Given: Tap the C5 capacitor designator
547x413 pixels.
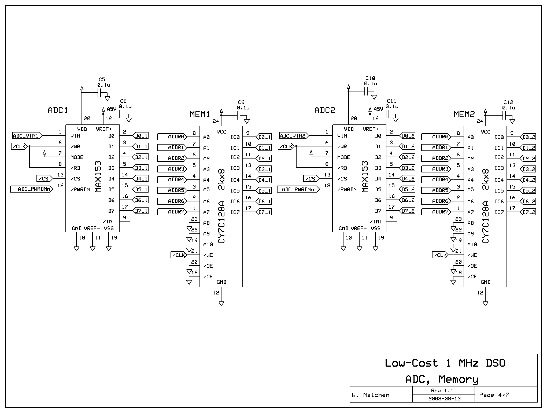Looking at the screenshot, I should point(102,79).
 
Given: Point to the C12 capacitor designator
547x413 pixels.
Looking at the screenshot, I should point(508,102).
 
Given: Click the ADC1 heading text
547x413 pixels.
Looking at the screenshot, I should point(58,110).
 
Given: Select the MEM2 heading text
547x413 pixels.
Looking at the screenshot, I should point(464,114).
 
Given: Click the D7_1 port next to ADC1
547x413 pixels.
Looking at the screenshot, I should point(141,211).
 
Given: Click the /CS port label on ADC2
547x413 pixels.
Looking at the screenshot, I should point(311,179).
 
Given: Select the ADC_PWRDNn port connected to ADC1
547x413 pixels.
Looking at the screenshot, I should point(32,189).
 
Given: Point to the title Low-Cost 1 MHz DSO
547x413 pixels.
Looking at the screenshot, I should point(445,363).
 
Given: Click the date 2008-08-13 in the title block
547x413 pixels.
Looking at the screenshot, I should point(444,399).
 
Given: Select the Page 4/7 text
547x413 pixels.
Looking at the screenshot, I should point(494,395).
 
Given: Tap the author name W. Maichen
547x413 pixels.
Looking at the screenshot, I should point(371,395).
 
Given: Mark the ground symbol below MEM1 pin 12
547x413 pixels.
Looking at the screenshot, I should point(221,304).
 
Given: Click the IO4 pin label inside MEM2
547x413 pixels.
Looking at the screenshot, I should point(499,180).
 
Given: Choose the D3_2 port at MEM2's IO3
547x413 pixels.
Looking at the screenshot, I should point(528,169).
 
